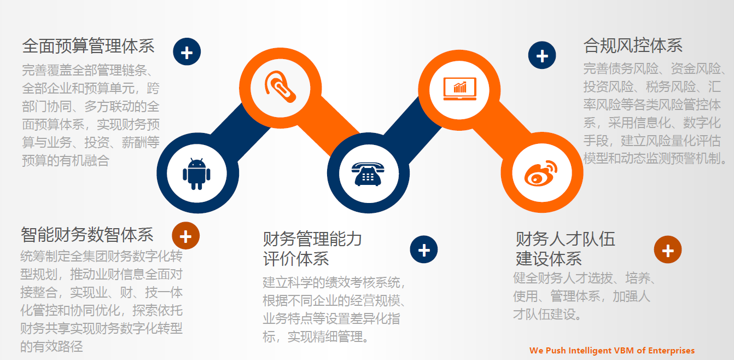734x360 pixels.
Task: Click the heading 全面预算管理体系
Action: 89,45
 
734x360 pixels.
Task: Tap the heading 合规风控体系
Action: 633,45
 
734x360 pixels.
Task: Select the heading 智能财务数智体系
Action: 88,235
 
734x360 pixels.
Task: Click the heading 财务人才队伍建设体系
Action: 565,248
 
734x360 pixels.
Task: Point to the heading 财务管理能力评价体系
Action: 312,248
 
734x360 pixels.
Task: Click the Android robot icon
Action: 196,173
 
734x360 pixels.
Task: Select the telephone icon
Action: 368,173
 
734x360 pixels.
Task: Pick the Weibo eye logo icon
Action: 540,173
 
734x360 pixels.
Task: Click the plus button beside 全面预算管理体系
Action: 187,53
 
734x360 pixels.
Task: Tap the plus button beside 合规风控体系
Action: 542,56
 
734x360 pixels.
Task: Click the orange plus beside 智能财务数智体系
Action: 186,236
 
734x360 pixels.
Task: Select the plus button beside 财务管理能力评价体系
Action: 424,250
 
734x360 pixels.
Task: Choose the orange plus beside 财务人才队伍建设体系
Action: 668,250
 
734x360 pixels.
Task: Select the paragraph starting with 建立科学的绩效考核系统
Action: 334,310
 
